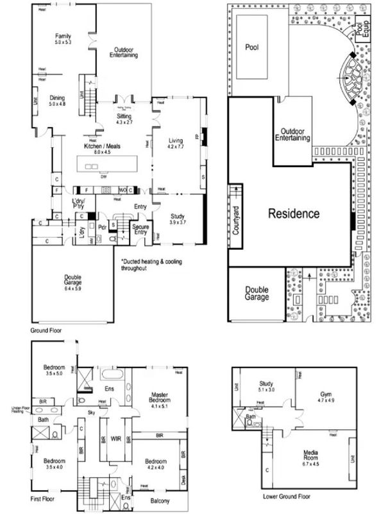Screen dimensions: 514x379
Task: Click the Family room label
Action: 63,39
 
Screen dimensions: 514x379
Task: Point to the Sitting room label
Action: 124,118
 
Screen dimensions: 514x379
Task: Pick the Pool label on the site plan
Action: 251,47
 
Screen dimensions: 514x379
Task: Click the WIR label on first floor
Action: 116,439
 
